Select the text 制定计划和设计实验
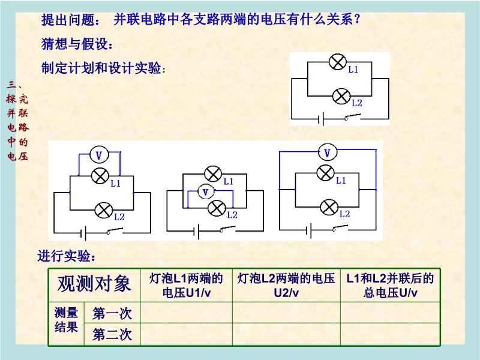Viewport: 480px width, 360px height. tap(101, 68)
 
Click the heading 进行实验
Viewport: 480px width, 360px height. tap(67, 257)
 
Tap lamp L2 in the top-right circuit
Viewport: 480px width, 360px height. tap(341, 95)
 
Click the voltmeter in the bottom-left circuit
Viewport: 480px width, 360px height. tap(99, 155)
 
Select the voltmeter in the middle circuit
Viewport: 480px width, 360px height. tap(206, 192)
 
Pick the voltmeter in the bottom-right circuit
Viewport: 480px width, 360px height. tap(327, 153)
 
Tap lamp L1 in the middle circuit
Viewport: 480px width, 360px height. tap(212, 175)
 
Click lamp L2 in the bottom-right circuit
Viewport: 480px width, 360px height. tap(328, 207)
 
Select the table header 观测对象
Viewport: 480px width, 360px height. tap(94, 284)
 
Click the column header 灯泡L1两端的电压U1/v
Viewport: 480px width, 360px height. tap(186, 286)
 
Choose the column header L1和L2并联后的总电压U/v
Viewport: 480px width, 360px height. tap(390, 286)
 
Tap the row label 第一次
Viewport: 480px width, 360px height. tap(112, 313)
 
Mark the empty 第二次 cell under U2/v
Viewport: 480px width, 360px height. tap(286, 334)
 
